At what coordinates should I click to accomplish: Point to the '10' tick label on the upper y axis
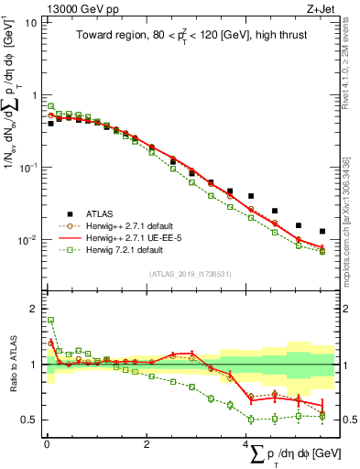click(30, 22)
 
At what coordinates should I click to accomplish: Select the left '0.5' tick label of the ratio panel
click(30, 420)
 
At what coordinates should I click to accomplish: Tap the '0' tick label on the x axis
click(46, 444)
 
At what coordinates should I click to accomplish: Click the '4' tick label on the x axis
click(245, 444)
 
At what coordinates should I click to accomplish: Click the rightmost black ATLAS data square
click(322, 232)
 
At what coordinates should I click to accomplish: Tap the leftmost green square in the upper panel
click(50, 106)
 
